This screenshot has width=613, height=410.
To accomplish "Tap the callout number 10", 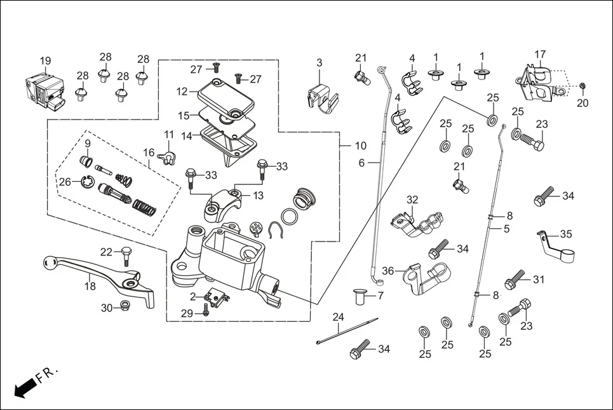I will click(x=361, y=146).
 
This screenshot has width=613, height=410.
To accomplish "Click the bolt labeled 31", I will click(x=515, y=279).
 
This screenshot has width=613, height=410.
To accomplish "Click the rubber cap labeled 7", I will click(x=360, y=296).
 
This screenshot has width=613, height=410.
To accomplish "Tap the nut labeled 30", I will click(x=125, y=307).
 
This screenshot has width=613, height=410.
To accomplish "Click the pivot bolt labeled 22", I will click(x=125, y=256).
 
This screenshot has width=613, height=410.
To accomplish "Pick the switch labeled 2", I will click(x=215, y=296).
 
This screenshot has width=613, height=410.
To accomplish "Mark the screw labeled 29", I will click(x=206, y=311).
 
